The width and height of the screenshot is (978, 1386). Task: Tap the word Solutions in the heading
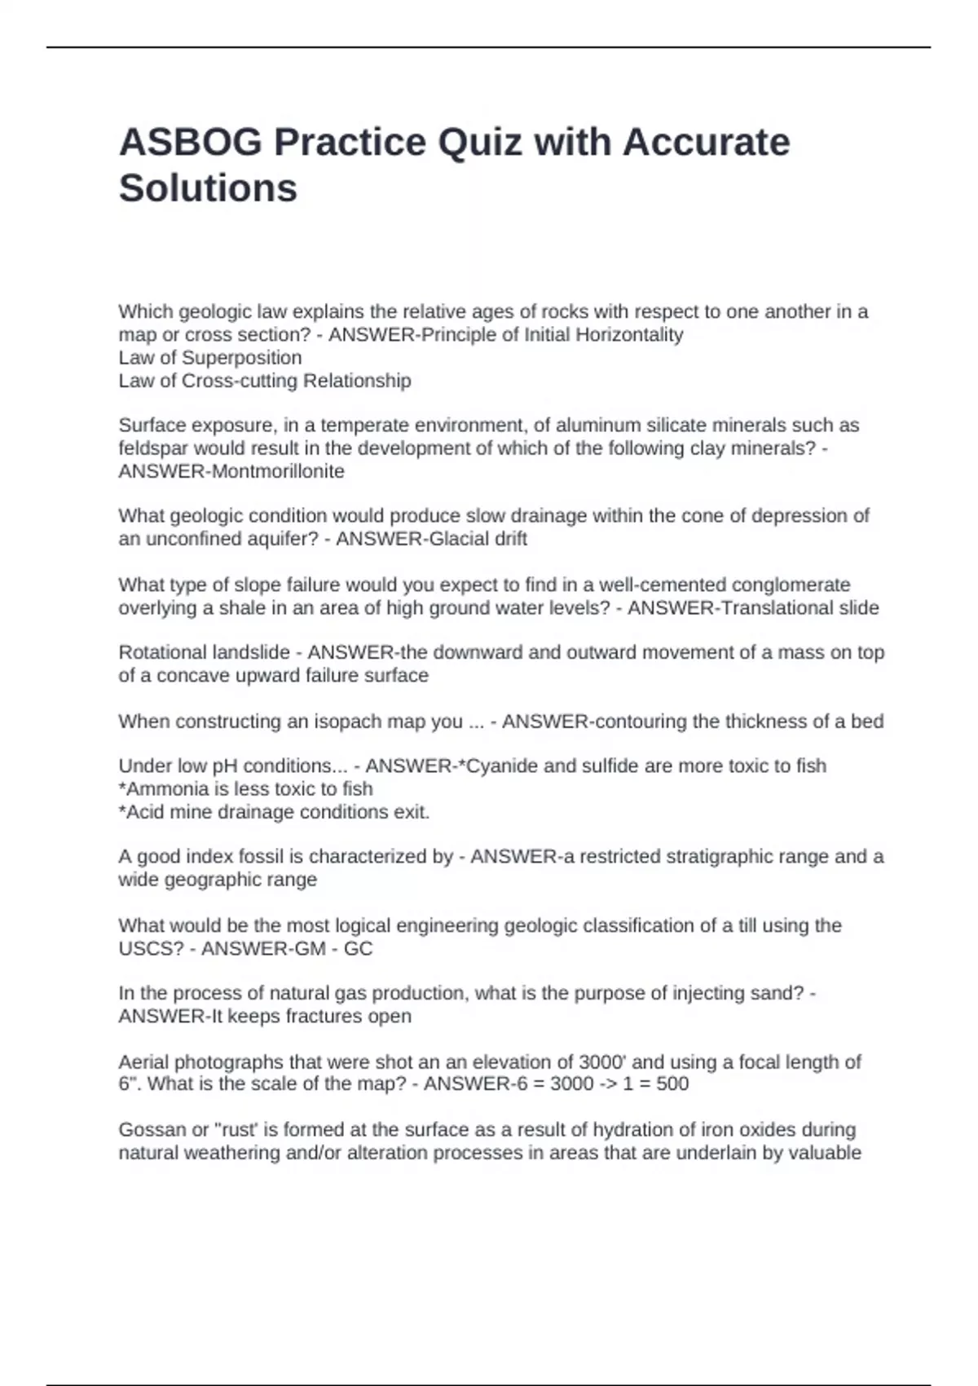pyautogui.click(x=208, y=188)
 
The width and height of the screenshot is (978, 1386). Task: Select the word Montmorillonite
pyautogui.click(x=278, y=471)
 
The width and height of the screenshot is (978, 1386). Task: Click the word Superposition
pyautogui.click(x=241, y=358)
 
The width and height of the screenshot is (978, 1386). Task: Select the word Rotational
pyautogui.click(x=162, y=652)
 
